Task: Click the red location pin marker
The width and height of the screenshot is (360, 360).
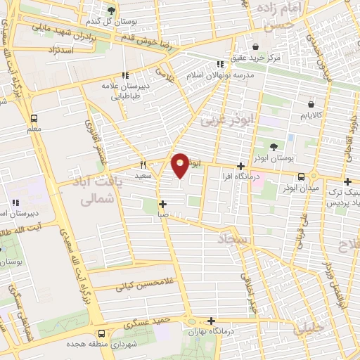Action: [180, 165]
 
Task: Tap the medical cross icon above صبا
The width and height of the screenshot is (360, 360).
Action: [162, 204]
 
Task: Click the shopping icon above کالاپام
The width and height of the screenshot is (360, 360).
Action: [307, 103]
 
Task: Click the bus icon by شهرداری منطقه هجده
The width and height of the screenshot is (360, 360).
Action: [103, 333]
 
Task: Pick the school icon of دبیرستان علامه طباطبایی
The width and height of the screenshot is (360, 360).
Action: [126, 75]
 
